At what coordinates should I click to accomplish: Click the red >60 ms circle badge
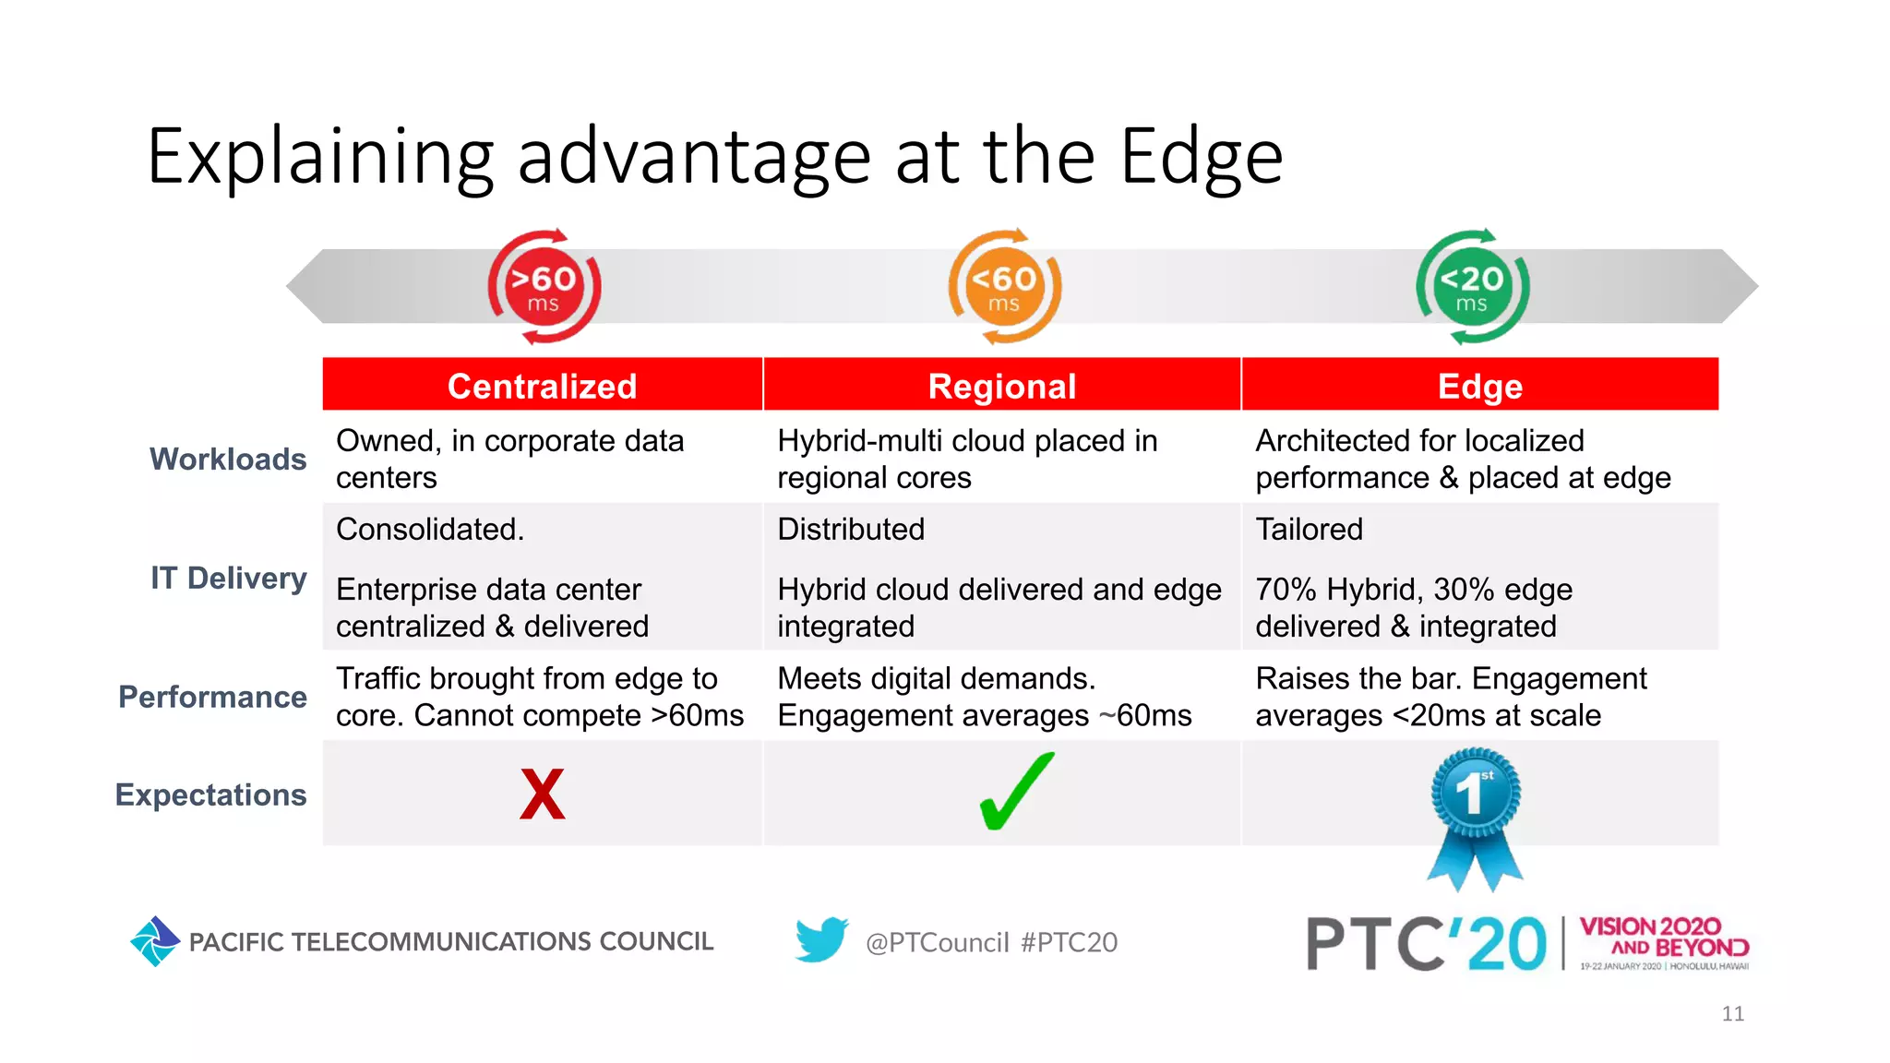[544, 287]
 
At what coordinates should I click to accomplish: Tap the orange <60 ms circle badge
[1004, 287]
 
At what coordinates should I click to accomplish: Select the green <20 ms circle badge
[1472, 287]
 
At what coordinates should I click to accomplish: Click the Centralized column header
[543, 386]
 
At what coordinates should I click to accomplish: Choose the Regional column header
[1002, 386]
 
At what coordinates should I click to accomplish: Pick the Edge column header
[1480, 386]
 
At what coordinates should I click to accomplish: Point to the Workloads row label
[228, 459]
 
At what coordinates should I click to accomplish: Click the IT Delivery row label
[229, 578]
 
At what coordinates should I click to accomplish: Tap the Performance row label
[213, 697]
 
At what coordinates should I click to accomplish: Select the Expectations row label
[211, 794]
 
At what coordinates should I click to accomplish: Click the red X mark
[543, 794]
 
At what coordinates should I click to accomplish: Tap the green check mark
[1015, 792]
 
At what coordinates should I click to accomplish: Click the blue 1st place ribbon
[1475, 812]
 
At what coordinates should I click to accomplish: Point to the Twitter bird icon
[821, 939]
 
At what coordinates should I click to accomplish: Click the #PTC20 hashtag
[1069, 942]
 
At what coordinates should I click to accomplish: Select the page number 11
[1732, 1013]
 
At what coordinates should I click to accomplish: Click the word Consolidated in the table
[430, 530]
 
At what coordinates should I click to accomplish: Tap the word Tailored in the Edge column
[1309, 530]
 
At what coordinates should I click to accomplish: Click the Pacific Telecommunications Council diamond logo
[155, 941]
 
